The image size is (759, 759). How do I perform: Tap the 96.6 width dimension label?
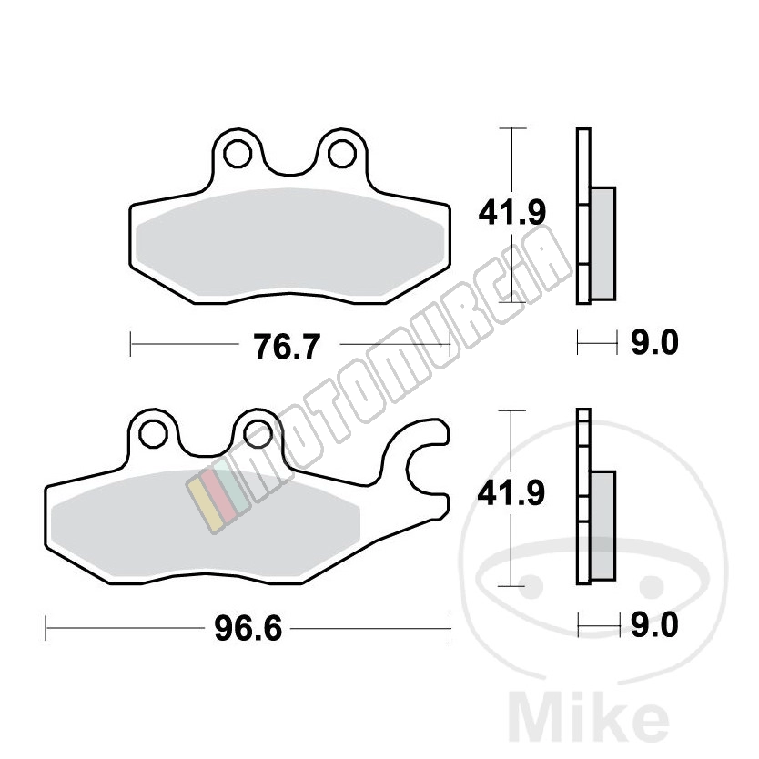248,629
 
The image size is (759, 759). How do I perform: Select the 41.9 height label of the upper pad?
511,212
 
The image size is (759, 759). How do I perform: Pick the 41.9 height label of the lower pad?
511,493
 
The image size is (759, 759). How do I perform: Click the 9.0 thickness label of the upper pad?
654,343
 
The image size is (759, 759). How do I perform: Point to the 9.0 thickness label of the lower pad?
654,625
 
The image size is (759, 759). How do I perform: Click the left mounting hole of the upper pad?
238,154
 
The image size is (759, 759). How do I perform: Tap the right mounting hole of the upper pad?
342,154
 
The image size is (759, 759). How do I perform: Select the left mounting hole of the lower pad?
154,434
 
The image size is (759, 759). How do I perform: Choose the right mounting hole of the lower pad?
258,434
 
